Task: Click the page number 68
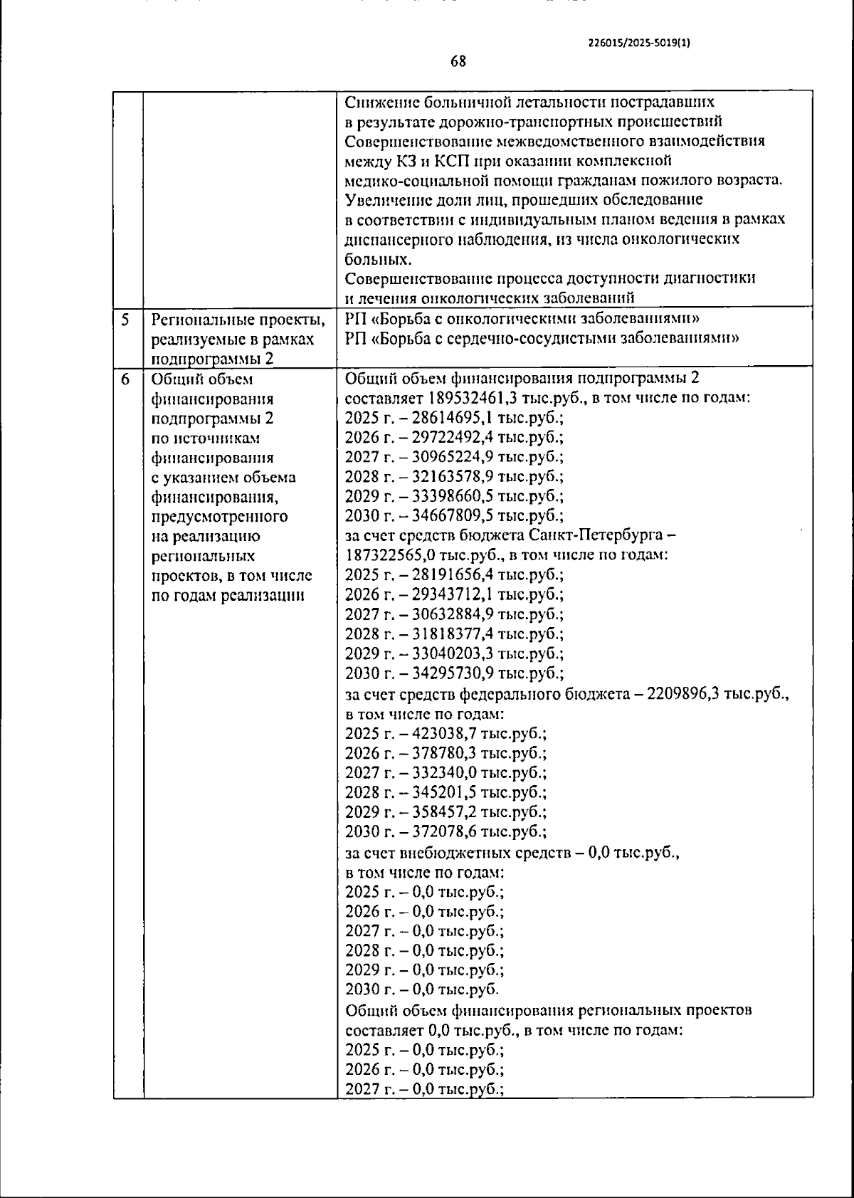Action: tap(458, 61)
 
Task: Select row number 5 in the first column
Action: tap(125, 320)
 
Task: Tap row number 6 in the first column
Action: tap(125, 379)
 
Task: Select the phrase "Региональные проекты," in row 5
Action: tap(237, 320)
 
